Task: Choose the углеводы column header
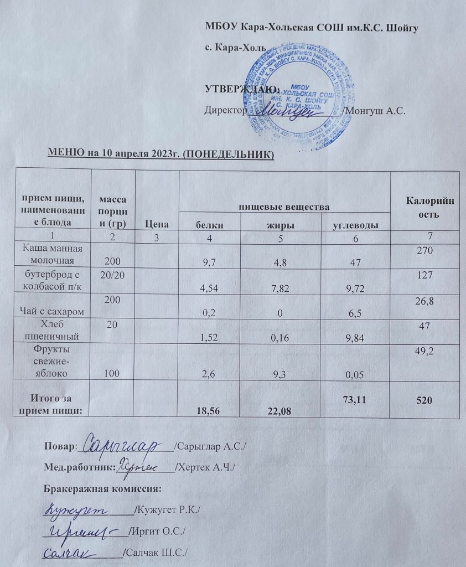click(x=355, y=225)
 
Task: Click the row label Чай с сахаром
click(x=53, y=313)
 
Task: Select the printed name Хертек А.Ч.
click(x=206, y=467)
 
